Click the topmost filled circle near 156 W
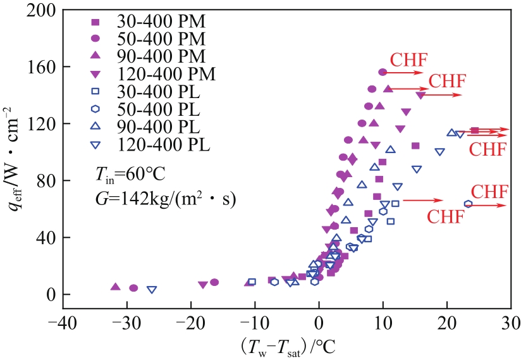coord(383,72)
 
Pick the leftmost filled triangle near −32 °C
coord(115,287)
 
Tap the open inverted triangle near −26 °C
coord(152,290)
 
